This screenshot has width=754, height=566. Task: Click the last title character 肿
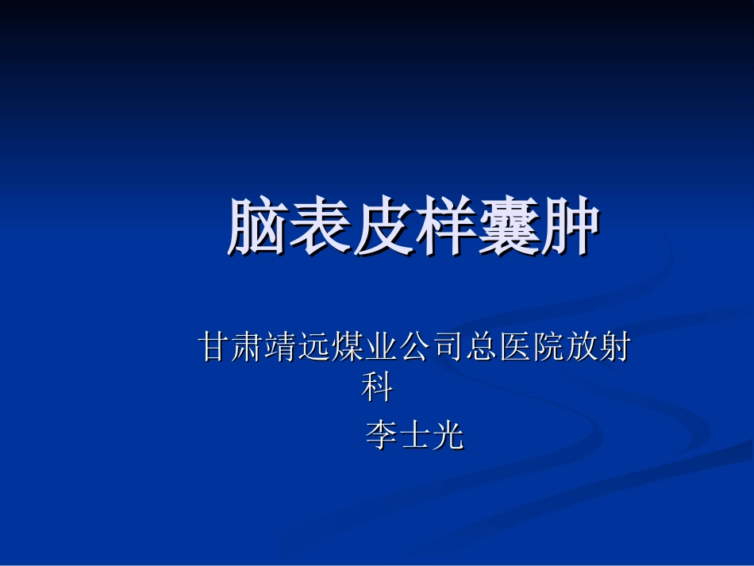[568, 227]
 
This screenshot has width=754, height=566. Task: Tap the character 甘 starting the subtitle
[214, 348]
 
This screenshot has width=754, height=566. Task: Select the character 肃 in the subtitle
[248, 348]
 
